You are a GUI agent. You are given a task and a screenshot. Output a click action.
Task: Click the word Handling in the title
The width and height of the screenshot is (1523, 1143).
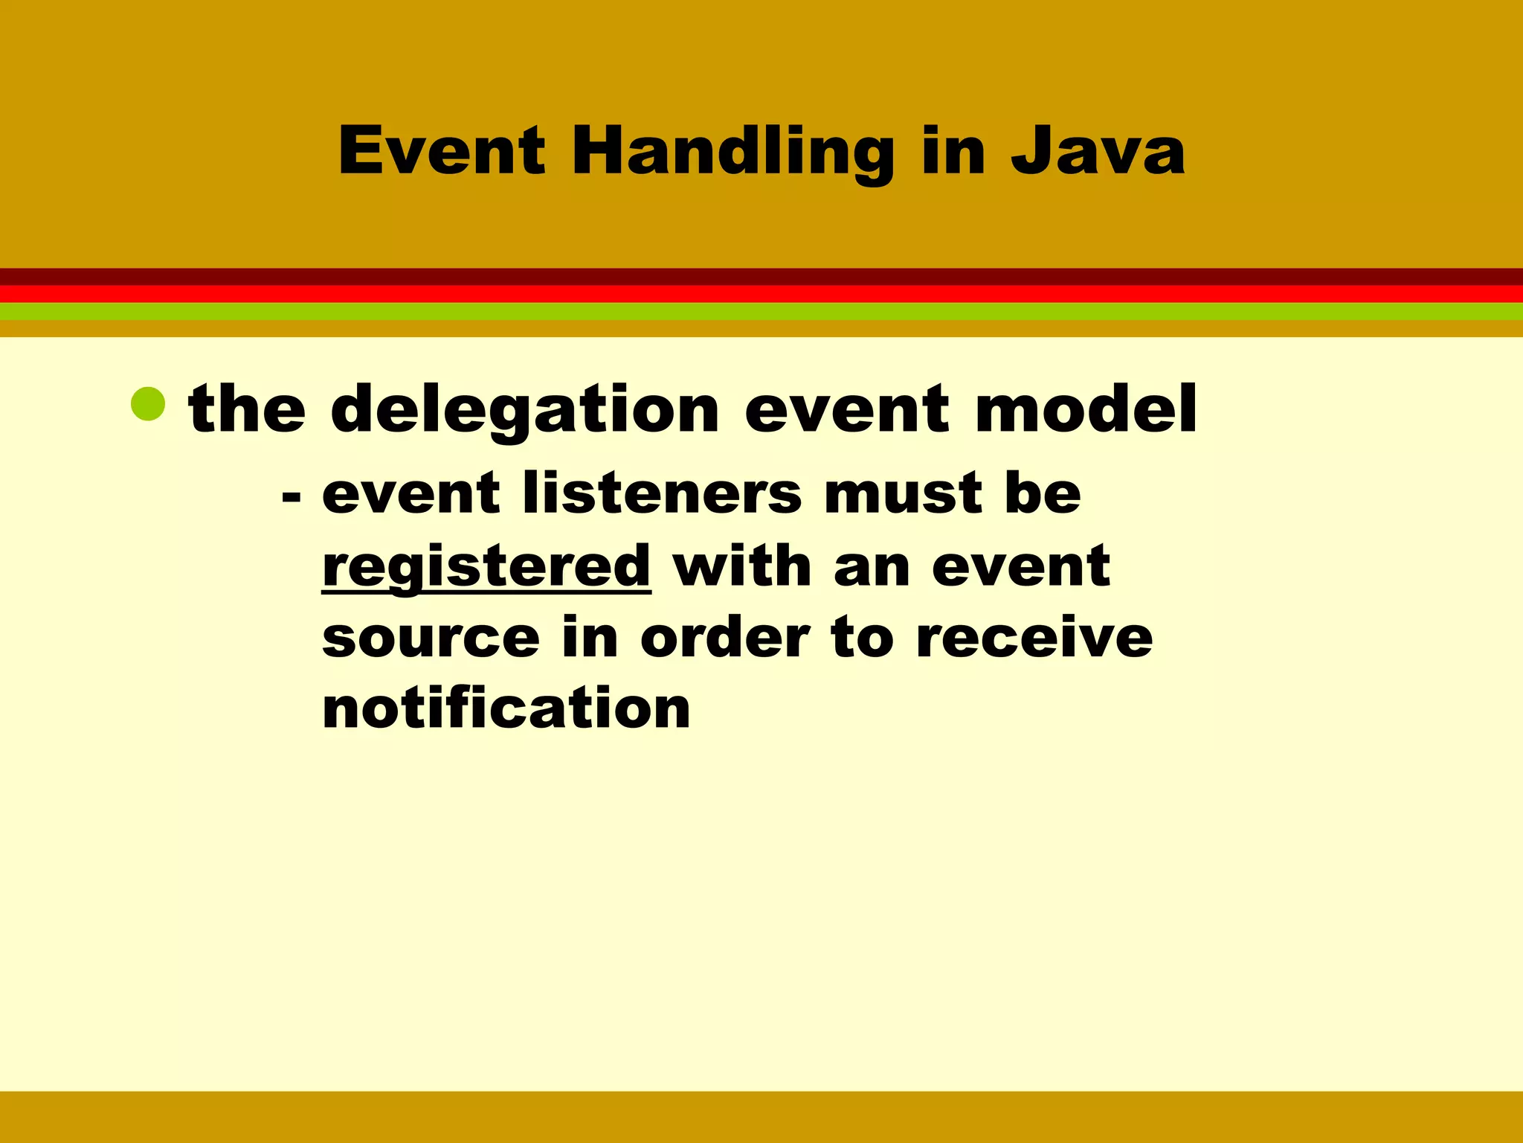pyautogui.click(x=732, y=153)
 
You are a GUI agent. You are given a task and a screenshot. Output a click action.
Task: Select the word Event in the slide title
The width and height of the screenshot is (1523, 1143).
pyautogui.click(x=442, y=153)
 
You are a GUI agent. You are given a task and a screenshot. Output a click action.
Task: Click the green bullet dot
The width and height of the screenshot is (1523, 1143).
pyautogui.click(x=148, y=404)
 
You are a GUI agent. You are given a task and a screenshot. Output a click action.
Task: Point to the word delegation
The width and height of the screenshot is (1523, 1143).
pyautogui.click(x=524, y=411)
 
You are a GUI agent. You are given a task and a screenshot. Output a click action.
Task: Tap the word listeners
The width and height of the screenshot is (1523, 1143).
pyautogui.click(x=662, y=494)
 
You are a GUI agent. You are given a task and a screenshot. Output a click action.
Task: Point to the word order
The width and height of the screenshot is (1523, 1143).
pyautogui.click(x=724, y=638)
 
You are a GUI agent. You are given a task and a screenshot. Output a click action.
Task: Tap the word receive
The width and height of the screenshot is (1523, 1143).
pyautogui.click(x=1034, y=638)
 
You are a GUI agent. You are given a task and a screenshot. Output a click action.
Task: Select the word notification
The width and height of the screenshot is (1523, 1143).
pyautogui.click(x=506, y=708)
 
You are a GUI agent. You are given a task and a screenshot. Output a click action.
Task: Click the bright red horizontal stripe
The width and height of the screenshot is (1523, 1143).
pyautogui.click(x=761, y=294)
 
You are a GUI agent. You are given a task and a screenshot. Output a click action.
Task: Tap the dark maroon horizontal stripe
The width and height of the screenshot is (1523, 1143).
pyautogui.click(x=761, y=277)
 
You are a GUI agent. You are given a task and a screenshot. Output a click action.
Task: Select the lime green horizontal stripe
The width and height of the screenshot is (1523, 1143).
pyautogui.click(x=761, y=312)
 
